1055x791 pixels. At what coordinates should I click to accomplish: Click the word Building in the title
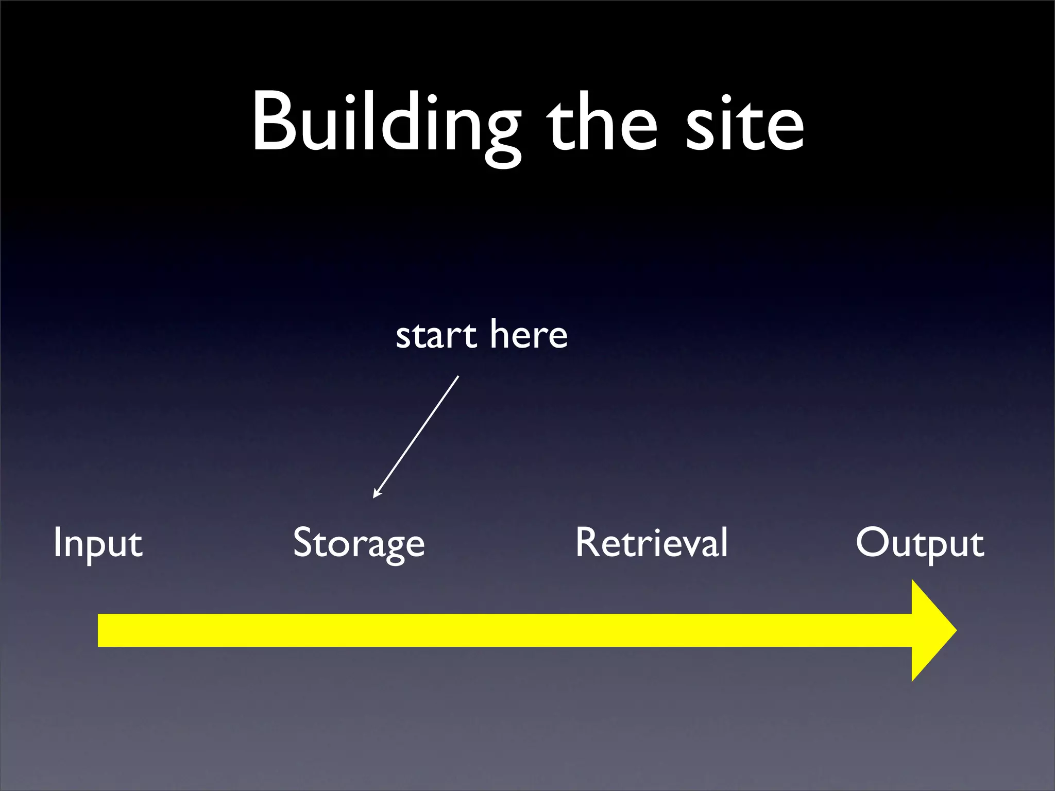point(385,124)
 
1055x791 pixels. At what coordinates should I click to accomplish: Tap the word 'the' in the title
point(602,124)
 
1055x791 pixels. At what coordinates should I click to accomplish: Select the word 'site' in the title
point(745,124)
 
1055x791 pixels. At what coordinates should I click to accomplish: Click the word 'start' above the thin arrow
point(436,336)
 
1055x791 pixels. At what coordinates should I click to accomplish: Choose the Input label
point(98,543)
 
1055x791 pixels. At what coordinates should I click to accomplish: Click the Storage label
point(359,543)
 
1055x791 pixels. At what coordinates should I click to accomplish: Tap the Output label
point(920,543)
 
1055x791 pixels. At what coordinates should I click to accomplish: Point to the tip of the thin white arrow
point(374,497)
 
